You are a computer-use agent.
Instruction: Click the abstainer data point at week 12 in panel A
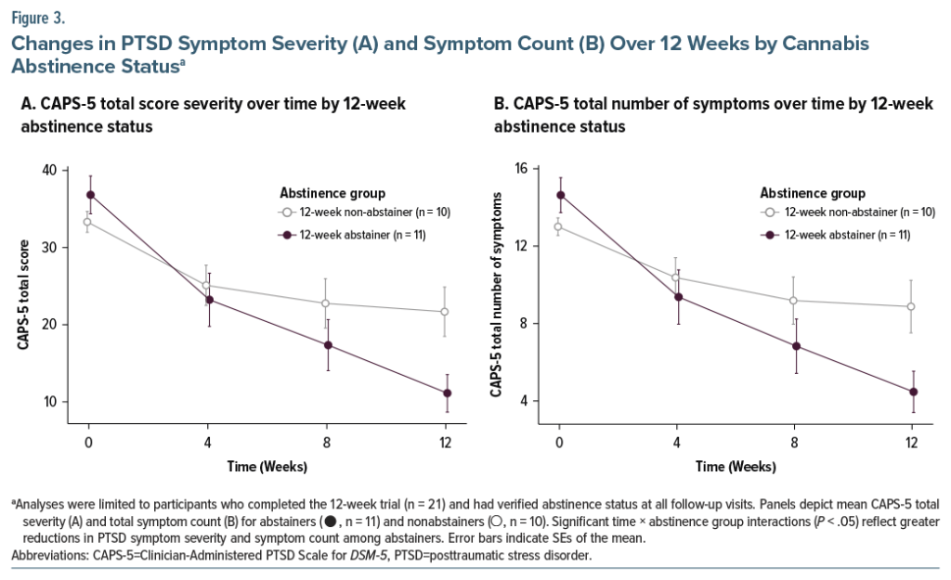[x=446, y=393]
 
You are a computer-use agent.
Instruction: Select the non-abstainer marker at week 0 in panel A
[x=87, y=222]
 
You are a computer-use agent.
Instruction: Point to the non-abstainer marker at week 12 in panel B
[x=911, y=306]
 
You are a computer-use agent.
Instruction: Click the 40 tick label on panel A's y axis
[x=47, y=170]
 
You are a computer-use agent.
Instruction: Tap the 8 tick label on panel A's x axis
[x=326, y=443]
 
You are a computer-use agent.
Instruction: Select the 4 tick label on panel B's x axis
[x=678, y=443]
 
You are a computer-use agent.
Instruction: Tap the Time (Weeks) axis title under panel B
[x=736, y=465]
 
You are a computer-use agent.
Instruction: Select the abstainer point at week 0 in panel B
[x=559, y=195]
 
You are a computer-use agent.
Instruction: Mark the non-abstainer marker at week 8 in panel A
[x=326, y=303]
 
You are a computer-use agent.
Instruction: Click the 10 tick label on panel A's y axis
[x=47, y=402]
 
